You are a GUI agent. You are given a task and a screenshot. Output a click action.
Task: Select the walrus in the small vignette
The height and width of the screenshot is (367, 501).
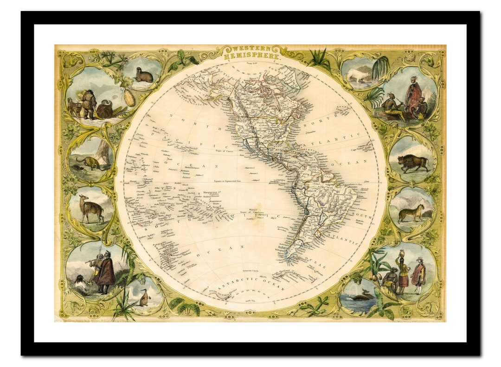[144, 76]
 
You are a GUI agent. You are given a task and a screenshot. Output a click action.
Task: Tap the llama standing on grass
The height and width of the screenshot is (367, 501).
[91, 209]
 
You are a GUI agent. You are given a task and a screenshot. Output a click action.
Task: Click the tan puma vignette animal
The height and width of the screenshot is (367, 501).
[412, 213]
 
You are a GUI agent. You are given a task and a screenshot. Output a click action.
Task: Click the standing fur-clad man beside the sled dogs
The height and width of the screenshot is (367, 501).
[89, 102]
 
